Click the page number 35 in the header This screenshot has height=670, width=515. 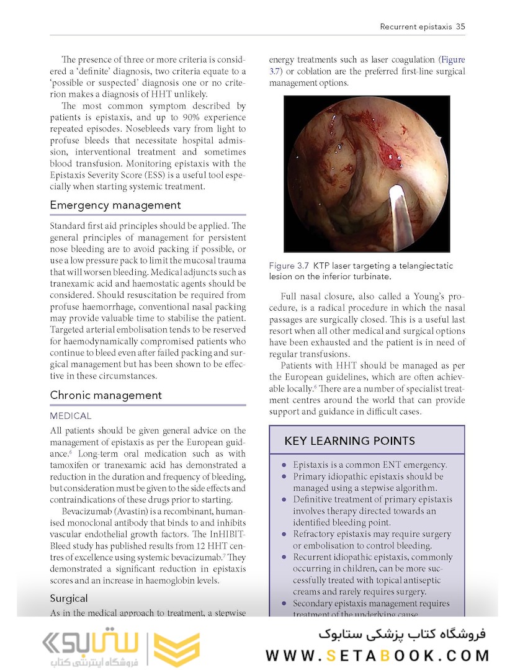pos(460,27)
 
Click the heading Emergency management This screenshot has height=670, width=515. pos(115,205)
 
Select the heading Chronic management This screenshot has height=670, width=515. pos(105,395)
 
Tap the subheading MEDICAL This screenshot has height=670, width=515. pos(71,416)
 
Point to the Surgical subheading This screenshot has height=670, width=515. pos(69,599)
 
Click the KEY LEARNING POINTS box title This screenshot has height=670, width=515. pos(349,441)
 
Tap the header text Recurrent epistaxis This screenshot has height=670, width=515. pos(415,27)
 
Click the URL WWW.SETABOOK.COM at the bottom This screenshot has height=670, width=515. pos(377,655)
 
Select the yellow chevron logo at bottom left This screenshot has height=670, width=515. pos(176,650)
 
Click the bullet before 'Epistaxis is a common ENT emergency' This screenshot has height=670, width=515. pos(284,465)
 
